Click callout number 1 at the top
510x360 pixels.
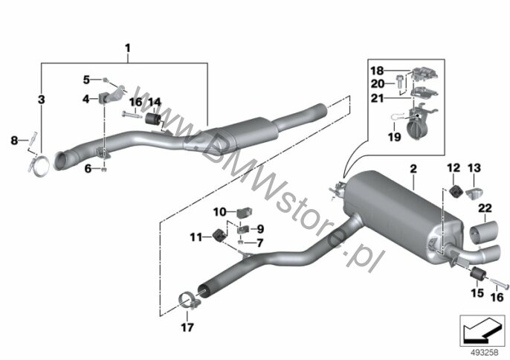[x=128, y=48]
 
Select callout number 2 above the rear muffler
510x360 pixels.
[x=413, y=169]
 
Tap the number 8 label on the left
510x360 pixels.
[x=14, y=141]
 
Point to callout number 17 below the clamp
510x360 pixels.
[x=187, y=327]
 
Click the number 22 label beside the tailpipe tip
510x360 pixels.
[x=485, y=208]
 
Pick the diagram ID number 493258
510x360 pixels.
[x=485, y=352]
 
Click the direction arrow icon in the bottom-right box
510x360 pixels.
[x=482, y=330]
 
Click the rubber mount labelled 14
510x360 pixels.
[x=152, y=118]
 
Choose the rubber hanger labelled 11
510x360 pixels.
[x=219, y=235]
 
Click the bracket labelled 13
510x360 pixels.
[x=474, y=193]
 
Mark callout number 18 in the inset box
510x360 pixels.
[x=378, y=71]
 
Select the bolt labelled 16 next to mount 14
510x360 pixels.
[x=132, y=115]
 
